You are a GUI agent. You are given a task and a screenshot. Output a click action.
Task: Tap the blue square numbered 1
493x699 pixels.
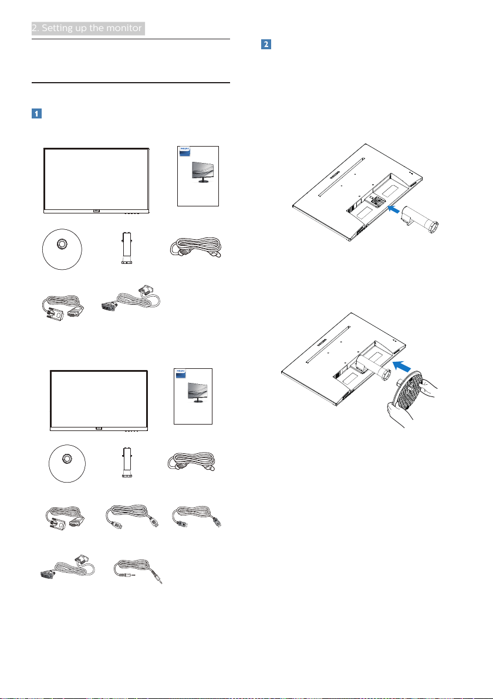tap(36, 113)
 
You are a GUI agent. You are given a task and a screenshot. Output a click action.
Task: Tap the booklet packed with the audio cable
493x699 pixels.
tap(193, 397)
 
